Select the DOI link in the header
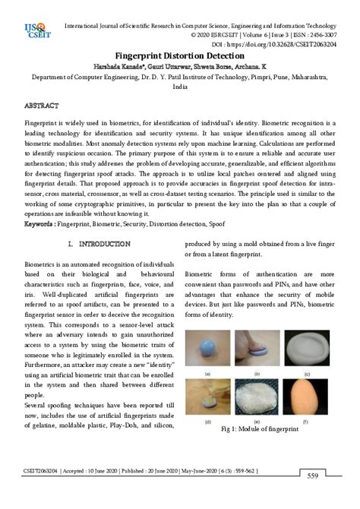(280, 44)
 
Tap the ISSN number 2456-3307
(317, 35)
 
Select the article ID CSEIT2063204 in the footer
(46, 472)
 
